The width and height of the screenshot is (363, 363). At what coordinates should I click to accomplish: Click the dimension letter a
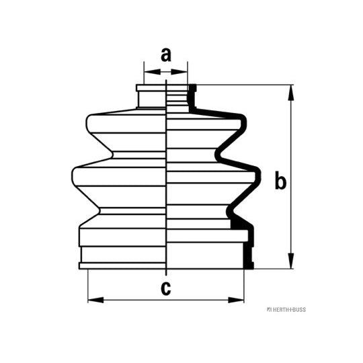tap(166, 55)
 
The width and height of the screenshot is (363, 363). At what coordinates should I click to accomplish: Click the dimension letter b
tap(280, 180)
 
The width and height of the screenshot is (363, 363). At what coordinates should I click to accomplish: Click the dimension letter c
tap(166, 288)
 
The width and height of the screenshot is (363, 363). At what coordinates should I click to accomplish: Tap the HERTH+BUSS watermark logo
tap(286, 310)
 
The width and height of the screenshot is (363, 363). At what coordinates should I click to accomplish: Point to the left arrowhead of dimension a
tap(153, 72)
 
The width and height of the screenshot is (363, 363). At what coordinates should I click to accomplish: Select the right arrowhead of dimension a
tap(179, 72)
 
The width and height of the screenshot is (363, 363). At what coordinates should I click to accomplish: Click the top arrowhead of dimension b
tap(291, 93)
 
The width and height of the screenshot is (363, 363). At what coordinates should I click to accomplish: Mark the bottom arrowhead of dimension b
tap(291, 261)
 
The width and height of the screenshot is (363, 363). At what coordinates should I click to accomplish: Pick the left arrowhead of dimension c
tap(95, 300)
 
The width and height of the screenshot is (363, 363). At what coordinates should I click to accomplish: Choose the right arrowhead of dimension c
tap(236, 300)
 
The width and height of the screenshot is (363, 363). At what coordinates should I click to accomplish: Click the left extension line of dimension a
tap(144, 73)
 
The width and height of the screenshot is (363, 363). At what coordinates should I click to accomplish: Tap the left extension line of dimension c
tap(88, 286)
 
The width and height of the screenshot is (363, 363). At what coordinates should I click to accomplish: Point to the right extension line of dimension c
tap(244, 286)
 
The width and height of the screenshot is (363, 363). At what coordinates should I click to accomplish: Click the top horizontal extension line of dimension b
tap(245, 85)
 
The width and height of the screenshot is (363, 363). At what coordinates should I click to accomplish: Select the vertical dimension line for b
tap(291, 177)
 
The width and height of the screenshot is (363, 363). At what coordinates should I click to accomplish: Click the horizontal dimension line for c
tap(166, 300)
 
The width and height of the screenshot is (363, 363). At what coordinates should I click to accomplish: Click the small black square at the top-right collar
tap(193, 88)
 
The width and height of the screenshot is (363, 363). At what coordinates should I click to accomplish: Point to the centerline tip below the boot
tap(166, 275)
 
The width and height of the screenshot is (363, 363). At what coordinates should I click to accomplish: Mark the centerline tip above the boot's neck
tap(166, 80)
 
